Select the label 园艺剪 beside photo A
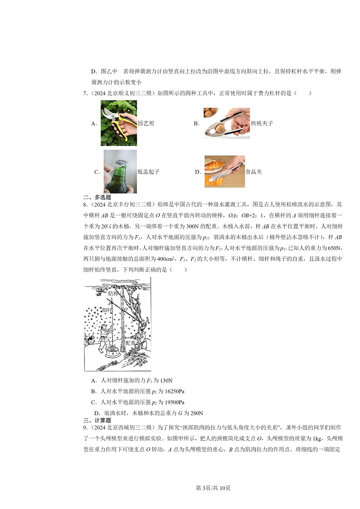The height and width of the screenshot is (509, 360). tap(146, 123)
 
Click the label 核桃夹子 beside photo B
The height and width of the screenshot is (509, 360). tap(262, 123)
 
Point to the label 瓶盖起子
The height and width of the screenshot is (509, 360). tap(148, 172)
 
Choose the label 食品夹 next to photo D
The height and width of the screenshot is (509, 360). tap(253, 172)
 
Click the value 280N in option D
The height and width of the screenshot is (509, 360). tap(195, 413)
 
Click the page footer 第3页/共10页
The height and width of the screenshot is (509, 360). tap(213, 488)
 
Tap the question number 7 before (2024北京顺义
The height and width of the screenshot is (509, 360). tap(85, 93)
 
